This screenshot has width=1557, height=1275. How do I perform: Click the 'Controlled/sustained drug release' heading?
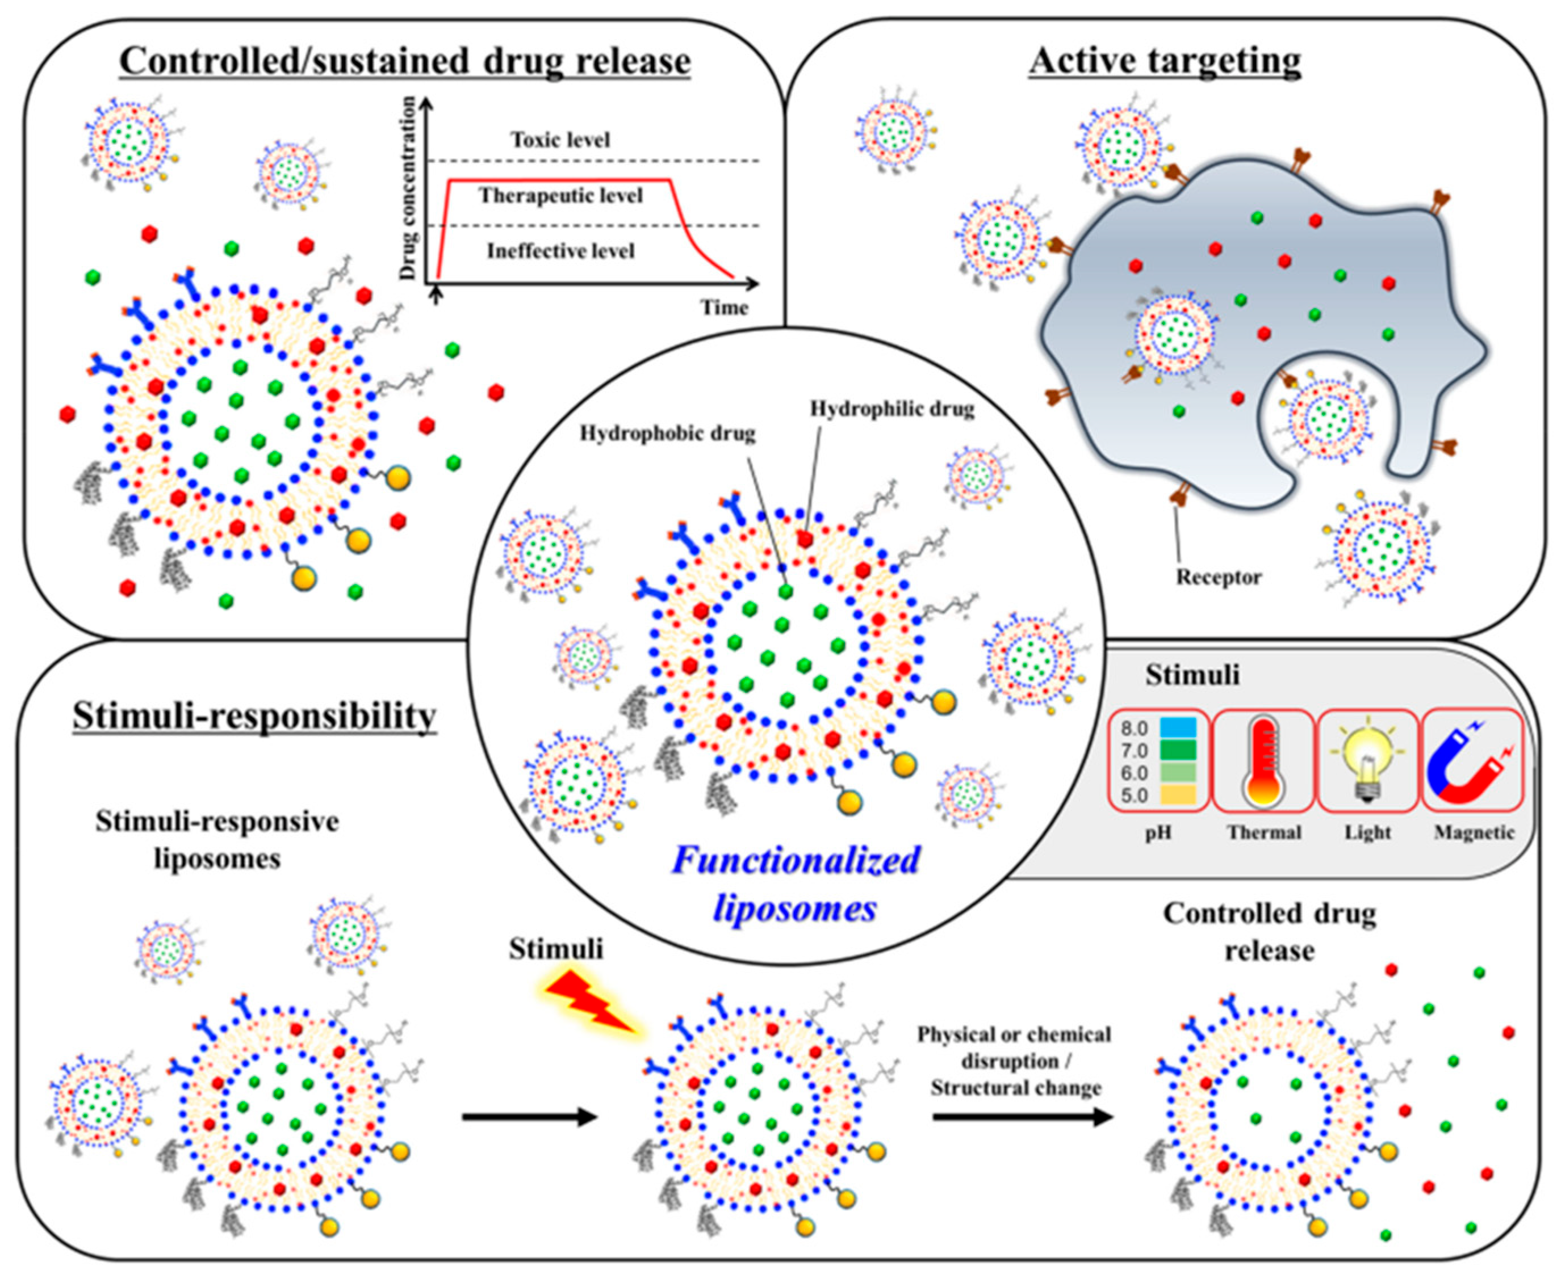point(405,61)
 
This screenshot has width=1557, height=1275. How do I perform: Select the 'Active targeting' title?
point(1165,61)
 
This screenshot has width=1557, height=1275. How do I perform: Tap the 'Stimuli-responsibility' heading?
point(255,716)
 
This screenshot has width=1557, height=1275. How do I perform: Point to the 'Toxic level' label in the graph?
point(560,140)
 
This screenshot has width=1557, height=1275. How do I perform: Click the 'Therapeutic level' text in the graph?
point(560,195)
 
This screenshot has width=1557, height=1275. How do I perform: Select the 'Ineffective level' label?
point(560,251)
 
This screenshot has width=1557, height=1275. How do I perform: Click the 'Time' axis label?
point(724,307)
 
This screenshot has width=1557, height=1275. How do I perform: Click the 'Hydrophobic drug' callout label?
point(667,434)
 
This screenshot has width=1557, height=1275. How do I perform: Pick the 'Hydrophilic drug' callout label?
point(892,409)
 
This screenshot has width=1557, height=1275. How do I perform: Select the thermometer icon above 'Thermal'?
point(1263,761)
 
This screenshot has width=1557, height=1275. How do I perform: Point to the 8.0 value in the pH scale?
point(1135,729)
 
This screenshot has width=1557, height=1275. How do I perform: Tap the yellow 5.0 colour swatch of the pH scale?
point(1178,794)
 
